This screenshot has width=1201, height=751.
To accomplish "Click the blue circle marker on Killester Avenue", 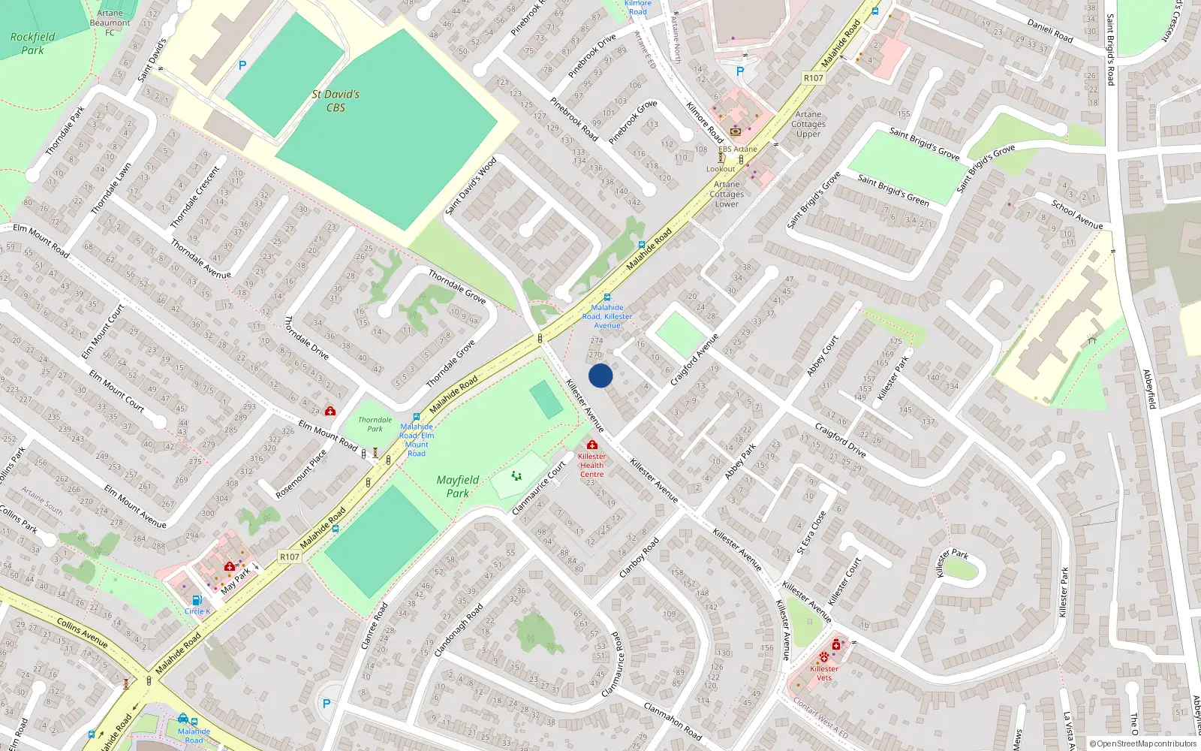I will click(x=600, y=375).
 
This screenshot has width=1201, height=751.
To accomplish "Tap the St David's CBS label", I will click(x=336, y=101).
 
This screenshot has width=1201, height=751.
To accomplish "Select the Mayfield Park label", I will click(x=457, y=486).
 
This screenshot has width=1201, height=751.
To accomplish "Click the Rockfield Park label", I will click(x=32, y=43).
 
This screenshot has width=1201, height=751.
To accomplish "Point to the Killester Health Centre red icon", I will click(x=592, y=445).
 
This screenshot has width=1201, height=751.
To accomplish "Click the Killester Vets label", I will click(x=824, y=673).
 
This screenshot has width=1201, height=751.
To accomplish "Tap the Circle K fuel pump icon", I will click(x=197, y=600).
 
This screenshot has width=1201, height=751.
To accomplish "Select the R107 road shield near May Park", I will click(x=290, y=556).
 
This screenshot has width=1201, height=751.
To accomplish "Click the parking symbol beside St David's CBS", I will click(x=242, y=66).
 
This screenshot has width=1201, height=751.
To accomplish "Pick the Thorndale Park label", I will click(x=375, y=424).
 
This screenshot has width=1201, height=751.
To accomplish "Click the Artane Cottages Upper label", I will click(x=808, y=124).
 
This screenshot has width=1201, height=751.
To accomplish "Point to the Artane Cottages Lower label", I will click(x=727, y=194).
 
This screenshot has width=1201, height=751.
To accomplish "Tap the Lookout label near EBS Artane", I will click(x=721, y=169).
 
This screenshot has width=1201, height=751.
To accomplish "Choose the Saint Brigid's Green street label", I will click(x=893, y=190).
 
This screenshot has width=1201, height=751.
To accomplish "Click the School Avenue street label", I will click(x=1077, y=214).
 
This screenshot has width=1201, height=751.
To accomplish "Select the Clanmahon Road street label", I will click(x=673, y=721).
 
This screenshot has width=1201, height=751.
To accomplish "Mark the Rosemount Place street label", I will click(x=301, y=474).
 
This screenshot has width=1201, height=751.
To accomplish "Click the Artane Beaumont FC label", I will click(x=110, y=23).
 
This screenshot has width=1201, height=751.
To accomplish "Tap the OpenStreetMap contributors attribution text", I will click(x=1142, y=743).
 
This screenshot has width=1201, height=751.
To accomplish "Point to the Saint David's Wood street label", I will click(x=471, y=185).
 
